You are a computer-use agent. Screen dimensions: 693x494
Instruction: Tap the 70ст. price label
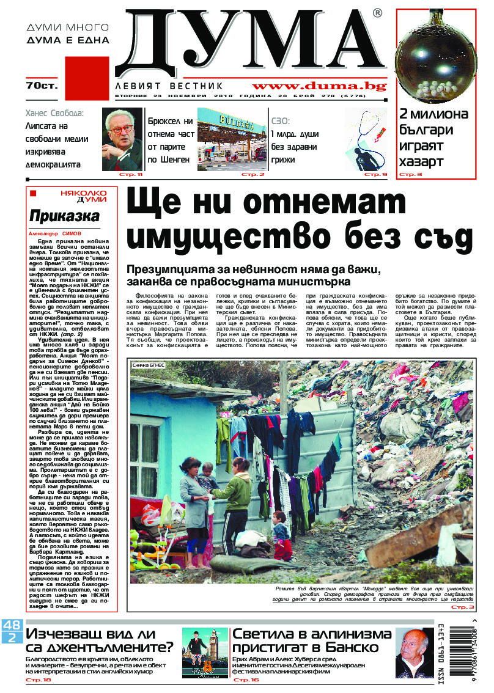click(x=42, y=84)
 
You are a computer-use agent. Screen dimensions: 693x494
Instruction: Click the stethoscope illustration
click(x=366, y=141)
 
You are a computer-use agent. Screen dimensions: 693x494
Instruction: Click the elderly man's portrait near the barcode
click(x=414, y=653)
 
